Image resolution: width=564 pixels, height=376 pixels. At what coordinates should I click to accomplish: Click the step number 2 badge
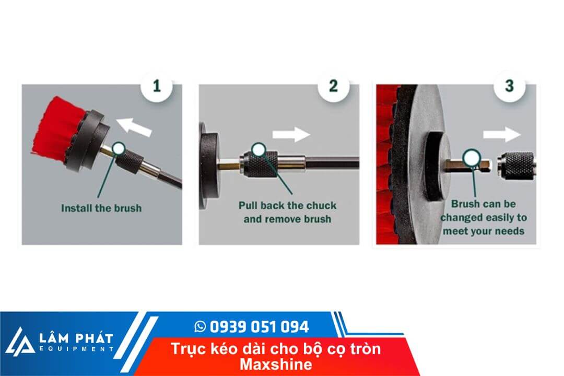(333, 85)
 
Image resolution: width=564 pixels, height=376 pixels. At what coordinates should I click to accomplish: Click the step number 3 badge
(509, 85)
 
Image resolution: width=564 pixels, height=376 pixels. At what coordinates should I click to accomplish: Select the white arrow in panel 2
(291, 134)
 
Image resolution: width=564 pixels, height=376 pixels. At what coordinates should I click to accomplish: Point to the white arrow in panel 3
(501, 135)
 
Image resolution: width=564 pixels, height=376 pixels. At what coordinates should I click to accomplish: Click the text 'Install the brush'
(101, 208)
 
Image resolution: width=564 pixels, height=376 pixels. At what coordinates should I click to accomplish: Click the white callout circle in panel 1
(119, 149)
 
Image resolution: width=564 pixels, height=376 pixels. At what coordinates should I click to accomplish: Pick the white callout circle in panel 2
(258, 150)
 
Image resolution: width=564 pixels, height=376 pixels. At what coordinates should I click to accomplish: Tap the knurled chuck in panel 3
(517, 163)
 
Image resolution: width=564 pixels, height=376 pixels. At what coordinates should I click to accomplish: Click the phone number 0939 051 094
(259, 327)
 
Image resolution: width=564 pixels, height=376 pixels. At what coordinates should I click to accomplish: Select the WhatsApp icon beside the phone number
(200, 327)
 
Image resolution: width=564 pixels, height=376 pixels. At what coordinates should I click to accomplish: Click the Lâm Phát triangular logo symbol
(19, 342)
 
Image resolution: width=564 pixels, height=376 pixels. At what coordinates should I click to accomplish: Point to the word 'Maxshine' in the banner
(276, 364)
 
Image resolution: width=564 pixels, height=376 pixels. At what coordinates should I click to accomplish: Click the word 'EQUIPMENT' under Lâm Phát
(76, 349)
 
